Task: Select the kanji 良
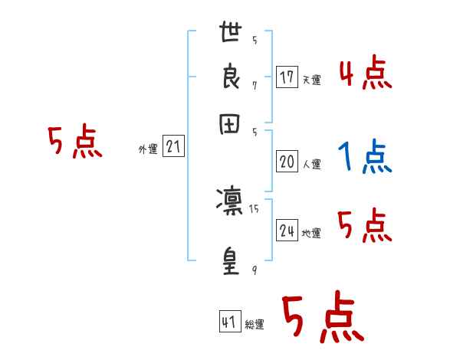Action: pyautogui.click(x=229, y=79)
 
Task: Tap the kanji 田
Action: pyautogui.click(x=229, y=126)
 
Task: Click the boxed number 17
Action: pyautogui.click(x=287, y=77)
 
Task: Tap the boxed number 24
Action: pyautogui.click(x=287, y=231)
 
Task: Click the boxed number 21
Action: pyautogui.click(x=173, y=147)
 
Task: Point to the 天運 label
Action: pyautogui.click(x=311, y=80)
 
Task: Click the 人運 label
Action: pyautogui.click(x=311, y=164)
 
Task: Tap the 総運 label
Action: pyautogui.click(x=255, y=325)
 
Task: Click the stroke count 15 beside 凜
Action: pyautogui.click(x=254, y=208)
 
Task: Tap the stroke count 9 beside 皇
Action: pyautogui.click(x=254, y=270)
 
